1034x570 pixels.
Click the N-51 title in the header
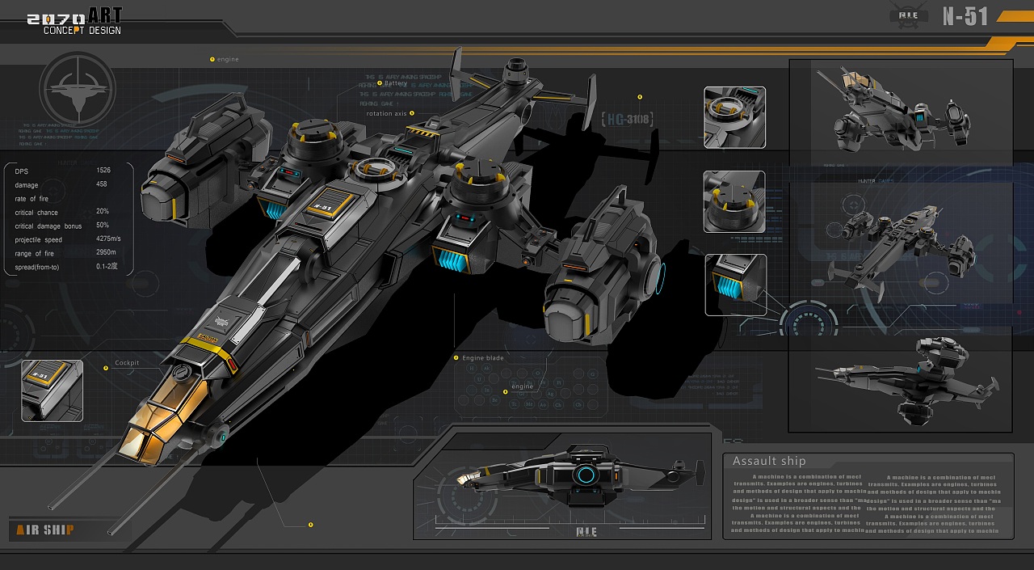tap(965, 16)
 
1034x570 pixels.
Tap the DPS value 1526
tap(103, 171)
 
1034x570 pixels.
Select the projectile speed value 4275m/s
tap(108, 239)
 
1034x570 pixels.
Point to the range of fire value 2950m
tap(106, 253)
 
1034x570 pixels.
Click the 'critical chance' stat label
tap(36, 213)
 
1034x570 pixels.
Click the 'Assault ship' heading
tap(769, 461)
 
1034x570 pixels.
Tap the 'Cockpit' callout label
tap(127, 363)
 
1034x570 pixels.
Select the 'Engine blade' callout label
tap(482, 357)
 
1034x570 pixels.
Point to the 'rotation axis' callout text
tap(387, 114)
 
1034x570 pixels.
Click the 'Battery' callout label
tap(396, 83)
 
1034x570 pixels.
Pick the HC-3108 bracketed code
tap(628, 119)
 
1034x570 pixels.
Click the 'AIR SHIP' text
tap(45, 530)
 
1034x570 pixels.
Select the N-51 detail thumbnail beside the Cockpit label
tap(52, 391)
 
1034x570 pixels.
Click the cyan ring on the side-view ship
tap(585, 475)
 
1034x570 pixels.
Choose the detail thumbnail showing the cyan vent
tap(735, 285)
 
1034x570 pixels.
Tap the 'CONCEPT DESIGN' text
tap(82, 30)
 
